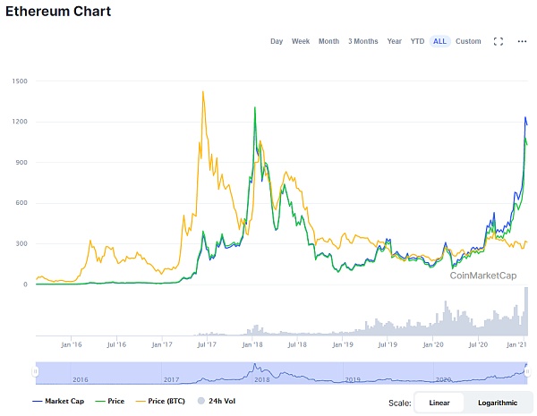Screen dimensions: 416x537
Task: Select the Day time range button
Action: click(277, 41)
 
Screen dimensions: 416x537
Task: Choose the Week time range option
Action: click(301, 41)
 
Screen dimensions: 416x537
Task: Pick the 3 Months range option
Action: click(362, 41)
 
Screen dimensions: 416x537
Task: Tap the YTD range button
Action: click(417, 41)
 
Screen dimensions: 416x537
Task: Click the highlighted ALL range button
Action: click(439, 41)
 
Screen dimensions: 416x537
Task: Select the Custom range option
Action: click(468, 41)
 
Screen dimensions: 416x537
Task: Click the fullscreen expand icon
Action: click(499, 41)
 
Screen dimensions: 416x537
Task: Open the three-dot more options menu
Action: click(523, 41)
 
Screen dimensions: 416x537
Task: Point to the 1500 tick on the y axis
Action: click(20, 81)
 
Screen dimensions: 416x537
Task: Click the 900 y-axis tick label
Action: click(21, 162)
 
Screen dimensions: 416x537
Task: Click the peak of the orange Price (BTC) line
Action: click(204, 91)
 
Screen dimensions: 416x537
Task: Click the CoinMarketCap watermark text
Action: click(483, 276)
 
